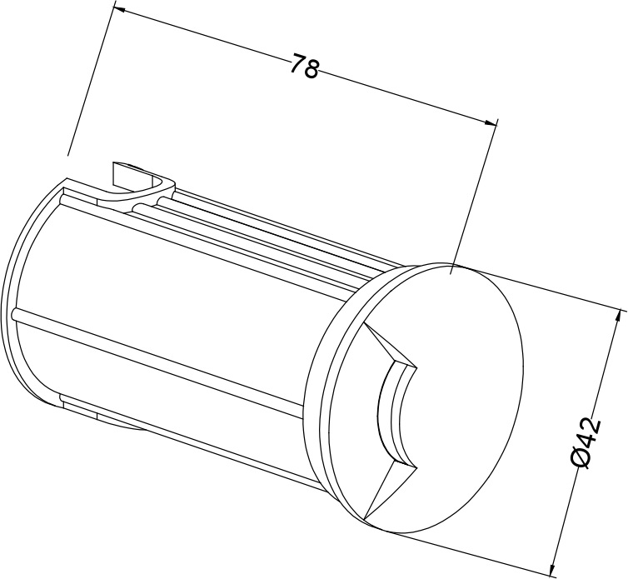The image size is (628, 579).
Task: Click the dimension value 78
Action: pyautogui.click(x=304, y=66)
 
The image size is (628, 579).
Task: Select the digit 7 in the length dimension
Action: pyautogui.click(x=297, y=63)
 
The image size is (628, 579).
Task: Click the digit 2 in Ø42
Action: pyautogui.click(x=588, y=422)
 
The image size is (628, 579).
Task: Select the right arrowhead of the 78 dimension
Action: pyautogui.click(x=490, y=122)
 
